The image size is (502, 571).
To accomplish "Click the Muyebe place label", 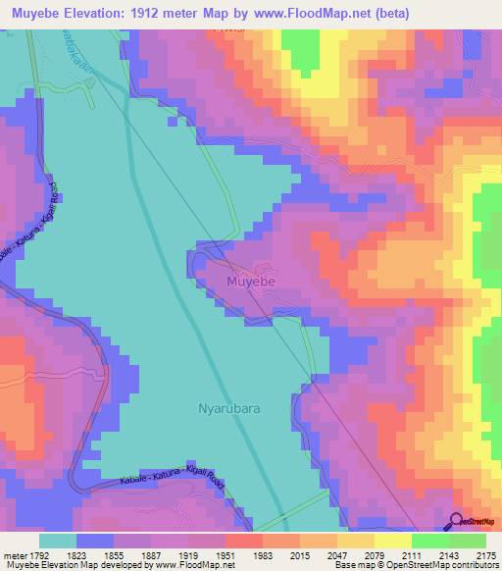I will (251, 282).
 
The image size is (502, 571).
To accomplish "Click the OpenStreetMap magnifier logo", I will (457, 520).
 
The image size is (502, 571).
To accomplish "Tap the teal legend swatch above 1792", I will (57, 541).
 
